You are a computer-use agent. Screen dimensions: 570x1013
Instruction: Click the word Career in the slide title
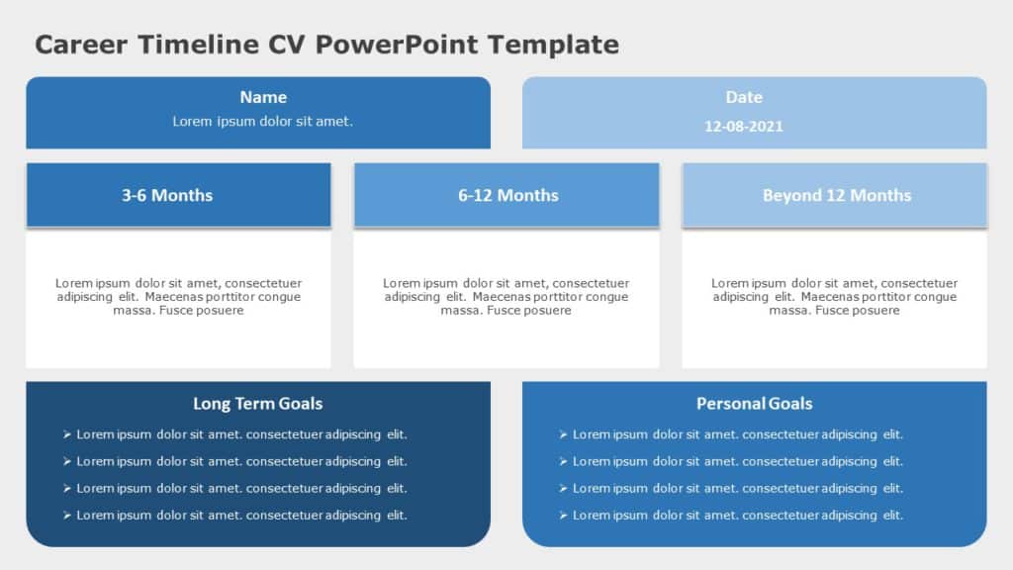83,45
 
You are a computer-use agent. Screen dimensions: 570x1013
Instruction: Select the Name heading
263,97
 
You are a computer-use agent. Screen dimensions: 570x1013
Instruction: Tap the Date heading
744,97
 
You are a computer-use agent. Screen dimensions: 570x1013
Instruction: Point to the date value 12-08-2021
744,127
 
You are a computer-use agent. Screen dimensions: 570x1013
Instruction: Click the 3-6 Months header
167,195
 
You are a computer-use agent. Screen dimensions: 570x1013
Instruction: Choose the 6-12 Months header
507,195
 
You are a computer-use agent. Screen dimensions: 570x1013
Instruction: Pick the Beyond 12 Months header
836,195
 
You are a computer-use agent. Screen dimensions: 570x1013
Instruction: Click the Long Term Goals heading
257,403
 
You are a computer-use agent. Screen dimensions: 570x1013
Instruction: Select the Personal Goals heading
754,403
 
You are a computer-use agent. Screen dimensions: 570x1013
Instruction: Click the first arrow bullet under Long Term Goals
66,434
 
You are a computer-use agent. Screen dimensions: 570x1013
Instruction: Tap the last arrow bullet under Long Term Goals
66,516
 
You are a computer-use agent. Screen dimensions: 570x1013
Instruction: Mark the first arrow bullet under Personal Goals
563,434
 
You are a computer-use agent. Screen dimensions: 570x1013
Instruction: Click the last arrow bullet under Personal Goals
563,516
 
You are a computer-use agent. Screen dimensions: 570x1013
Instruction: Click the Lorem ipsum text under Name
263,122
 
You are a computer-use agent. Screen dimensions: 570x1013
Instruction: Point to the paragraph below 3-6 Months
178,297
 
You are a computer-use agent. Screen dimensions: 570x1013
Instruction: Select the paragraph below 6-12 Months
506,297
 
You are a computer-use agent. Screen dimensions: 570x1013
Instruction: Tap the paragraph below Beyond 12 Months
834,297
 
